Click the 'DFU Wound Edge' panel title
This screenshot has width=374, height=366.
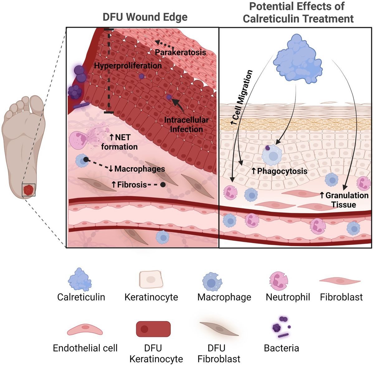(x=145, y=17)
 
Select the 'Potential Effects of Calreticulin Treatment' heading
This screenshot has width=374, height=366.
(x=298, y=12)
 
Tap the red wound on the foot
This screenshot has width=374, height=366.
(x=28, y=190)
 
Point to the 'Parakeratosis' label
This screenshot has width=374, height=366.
(x=180, y=52)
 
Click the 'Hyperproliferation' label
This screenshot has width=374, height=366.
(x=128, y=65)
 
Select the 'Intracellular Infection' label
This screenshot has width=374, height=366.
(x=186, y=124)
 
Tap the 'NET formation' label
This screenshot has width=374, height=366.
(x=119, y=142)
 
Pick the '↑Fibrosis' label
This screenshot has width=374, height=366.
(x=129, y=185)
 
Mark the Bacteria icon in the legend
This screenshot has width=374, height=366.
(x=281, y=328)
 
